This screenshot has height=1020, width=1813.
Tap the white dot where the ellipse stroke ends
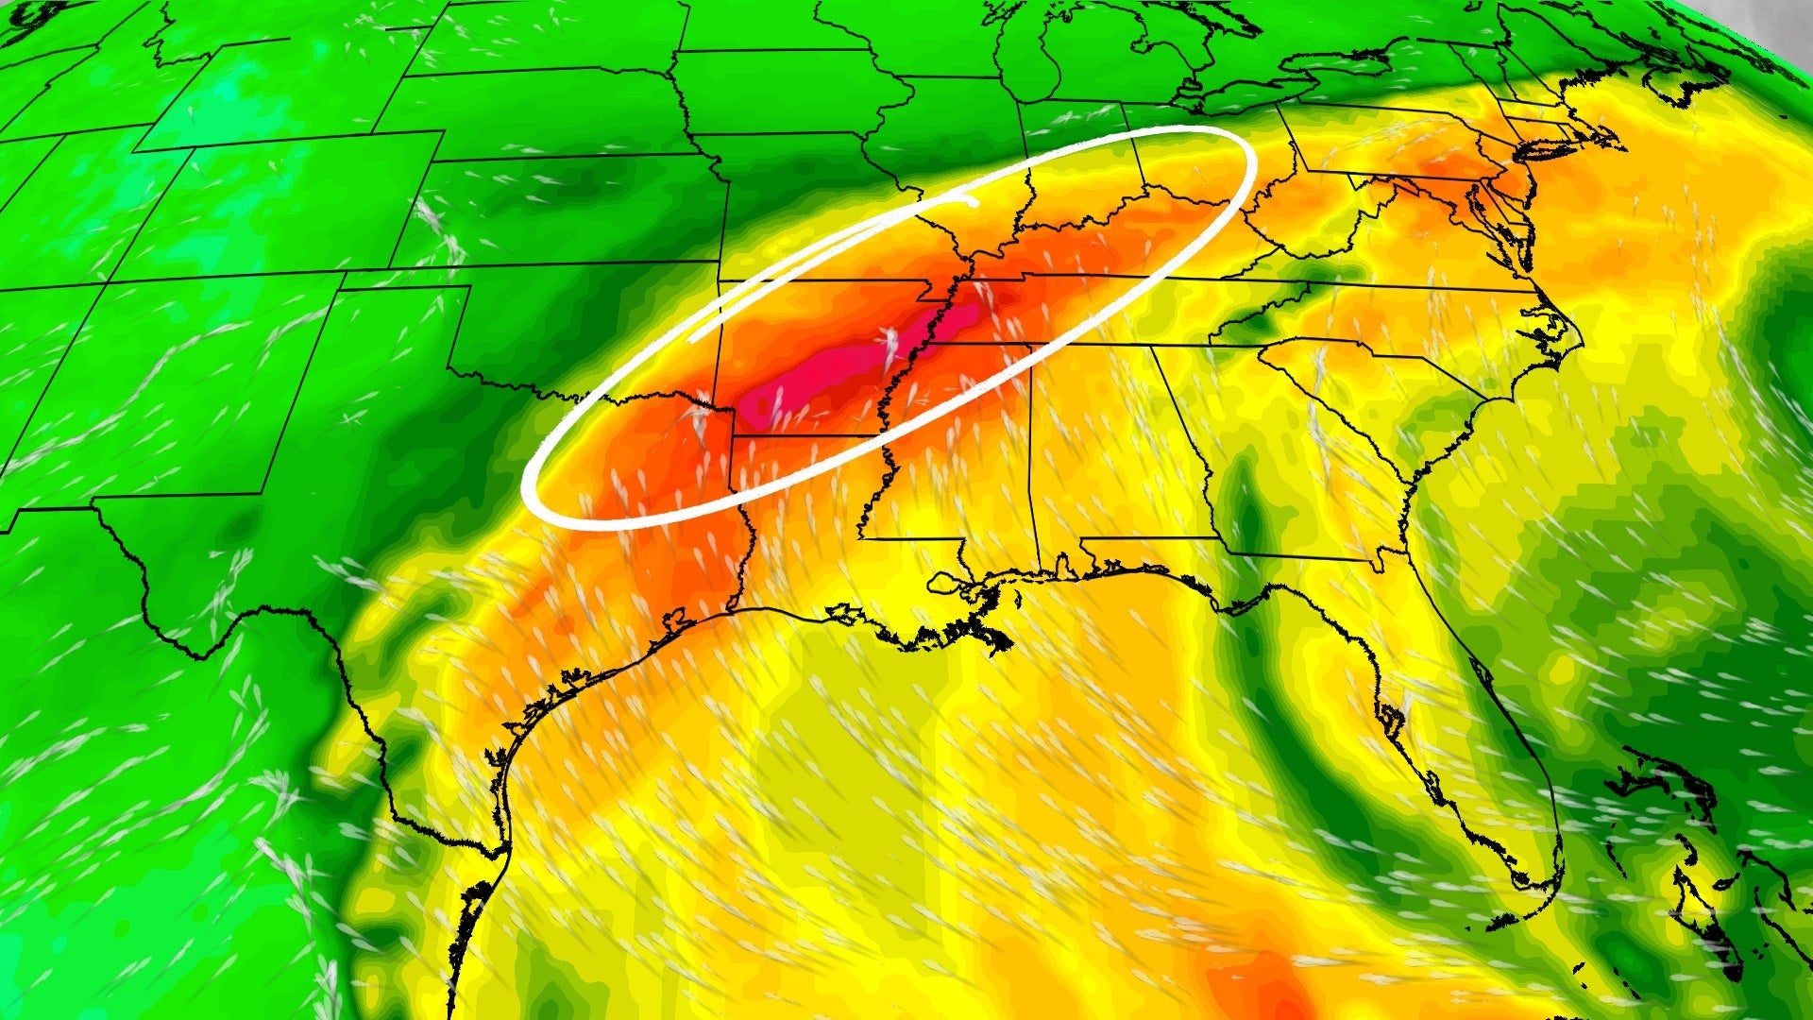[x=973, y=200]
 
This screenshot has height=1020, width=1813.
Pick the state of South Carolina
[x=1360, y=397]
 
